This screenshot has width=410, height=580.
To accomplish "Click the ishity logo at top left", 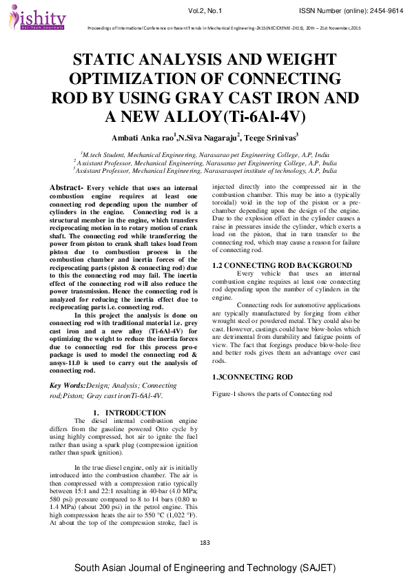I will pyautogui.click(x=39, y=18).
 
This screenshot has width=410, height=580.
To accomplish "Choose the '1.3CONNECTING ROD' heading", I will pyautogui.click(x=252, y=377).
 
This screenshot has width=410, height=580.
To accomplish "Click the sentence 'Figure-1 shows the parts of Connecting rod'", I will pyautogui.click(x=272, y=393).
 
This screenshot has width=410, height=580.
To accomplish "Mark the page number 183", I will pyautogui.click(x=205, y=543).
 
